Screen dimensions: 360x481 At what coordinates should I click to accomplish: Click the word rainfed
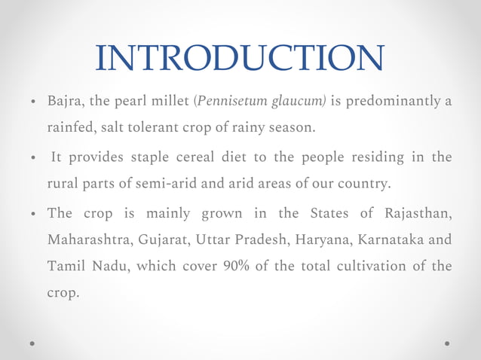[70, 128]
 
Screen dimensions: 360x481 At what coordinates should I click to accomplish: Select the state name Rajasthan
[419, 213]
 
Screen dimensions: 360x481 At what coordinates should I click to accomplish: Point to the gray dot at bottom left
[32, 343]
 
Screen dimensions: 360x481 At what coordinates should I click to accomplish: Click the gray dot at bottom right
[448, 343]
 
